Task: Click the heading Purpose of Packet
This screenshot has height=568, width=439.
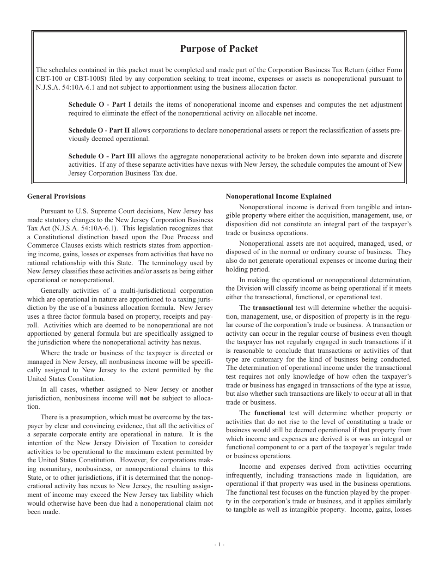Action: point(219,48)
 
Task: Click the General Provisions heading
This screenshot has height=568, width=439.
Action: point(56,196)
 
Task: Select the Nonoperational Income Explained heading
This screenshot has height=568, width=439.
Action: point(278,196)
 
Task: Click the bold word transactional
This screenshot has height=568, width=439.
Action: point(273,308)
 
